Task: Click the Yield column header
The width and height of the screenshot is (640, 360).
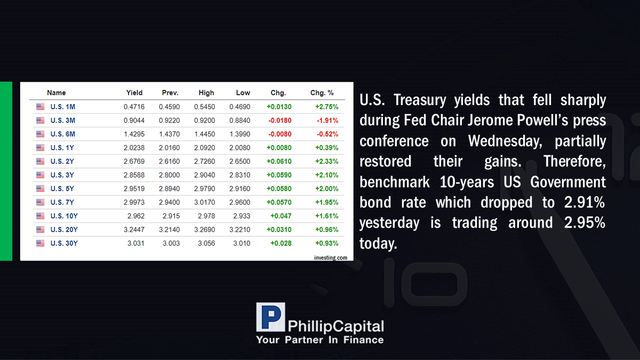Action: coord(134,93)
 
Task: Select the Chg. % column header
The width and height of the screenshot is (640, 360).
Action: coord(322,93)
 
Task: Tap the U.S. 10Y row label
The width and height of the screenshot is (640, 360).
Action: coord(64,216)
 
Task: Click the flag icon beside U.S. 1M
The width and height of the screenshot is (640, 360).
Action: coord(41,107)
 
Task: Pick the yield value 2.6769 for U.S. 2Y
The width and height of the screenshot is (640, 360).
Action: coord(134,162)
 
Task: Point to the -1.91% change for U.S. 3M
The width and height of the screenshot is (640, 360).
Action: coord(327,121)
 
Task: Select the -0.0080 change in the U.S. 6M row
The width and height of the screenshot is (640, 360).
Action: coord(279,134)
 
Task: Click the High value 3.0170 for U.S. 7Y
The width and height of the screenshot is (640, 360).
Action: coord(205,202)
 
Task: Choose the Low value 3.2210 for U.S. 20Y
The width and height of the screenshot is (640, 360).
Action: coord(239,230)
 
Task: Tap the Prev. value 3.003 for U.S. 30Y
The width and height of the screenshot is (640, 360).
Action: coord(171,243)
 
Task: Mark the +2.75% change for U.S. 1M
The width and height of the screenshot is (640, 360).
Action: coord(327,107)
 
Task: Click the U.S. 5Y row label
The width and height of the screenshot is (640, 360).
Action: coord(62,189)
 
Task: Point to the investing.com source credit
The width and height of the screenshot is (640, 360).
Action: coord(331,258)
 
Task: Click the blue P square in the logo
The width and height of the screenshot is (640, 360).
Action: coord(270,317)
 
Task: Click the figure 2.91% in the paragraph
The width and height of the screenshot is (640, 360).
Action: coord(585,202)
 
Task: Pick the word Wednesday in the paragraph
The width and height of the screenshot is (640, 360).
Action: coord(505,141)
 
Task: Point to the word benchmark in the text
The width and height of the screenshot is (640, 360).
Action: coord(395,182)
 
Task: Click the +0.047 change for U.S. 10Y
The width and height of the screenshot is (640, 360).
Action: coord(281,216)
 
